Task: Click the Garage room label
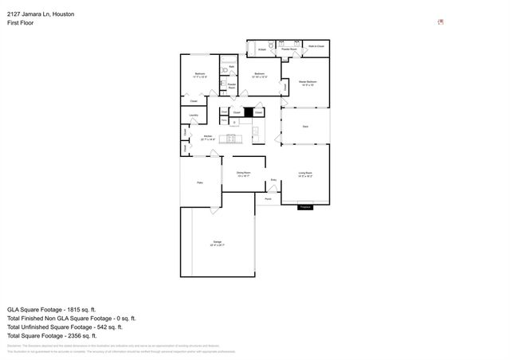[218, 242]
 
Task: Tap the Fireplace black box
[304, 207]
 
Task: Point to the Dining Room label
[243, 173]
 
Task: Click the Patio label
[200, 182]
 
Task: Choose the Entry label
[273, 180]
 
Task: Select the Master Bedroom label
[308, 82]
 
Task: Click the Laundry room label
[193, 115]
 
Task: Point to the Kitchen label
[208, 137]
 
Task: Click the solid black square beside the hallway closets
[248, 113]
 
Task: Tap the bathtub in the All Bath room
[261, 49]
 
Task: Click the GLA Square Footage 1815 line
[52, 307]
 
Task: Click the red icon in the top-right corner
[441, 22]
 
